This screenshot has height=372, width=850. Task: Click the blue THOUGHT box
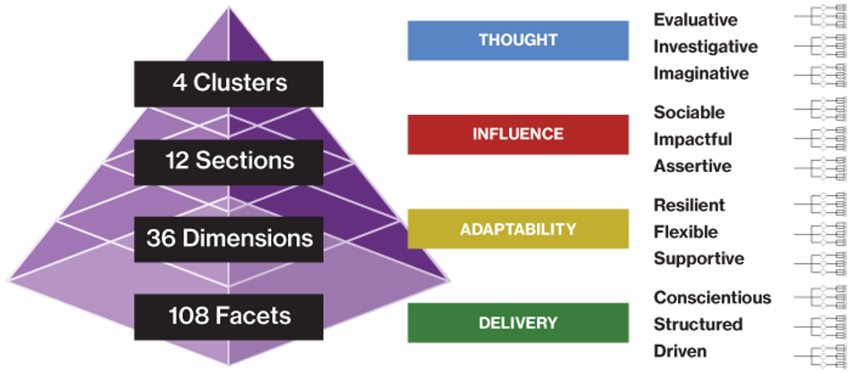point(518,40)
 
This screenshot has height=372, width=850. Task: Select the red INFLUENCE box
point(518,134)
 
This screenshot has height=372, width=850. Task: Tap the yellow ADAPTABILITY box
point(518,228)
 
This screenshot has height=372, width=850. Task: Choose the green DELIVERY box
point(518,323)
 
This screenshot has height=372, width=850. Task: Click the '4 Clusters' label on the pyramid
point(229,83)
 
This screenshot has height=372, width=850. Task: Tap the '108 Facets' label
point(229,317)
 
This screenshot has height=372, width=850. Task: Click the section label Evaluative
point(695,19)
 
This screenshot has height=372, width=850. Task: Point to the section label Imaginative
point(701,74)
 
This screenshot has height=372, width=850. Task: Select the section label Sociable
point(688,112)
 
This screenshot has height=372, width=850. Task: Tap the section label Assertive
point(692,166)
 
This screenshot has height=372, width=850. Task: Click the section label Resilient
point(688,204)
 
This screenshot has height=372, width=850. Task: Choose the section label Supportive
point(699,259)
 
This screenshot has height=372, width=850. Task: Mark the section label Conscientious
point(712,297)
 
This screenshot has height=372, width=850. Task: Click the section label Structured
point(698,324)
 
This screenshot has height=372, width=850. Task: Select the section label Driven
point(680,351)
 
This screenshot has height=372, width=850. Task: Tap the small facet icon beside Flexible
point(819,232)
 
